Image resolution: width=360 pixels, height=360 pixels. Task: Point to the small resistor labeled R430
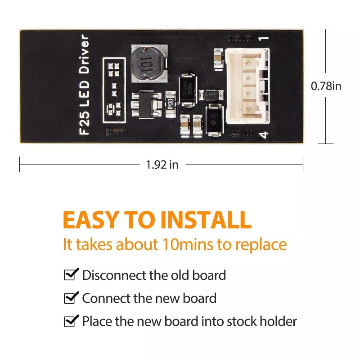[170, 101]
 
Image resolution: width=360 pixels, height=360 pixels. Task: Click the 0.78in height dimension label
[326, 86]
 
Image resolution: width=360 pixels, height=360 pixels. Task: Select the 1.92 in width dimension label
[162, 165]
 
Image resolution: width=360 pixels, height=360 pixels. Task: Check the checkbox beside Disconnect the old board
[71, 274]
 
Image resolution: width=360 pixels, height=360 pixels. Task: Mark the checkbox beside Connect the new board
[71, 298]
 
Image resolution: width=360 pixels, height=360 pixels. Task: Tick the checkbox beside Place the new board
[71, 321]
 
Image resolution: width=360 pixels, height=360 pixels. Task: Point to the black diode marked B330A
[186, 89]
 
